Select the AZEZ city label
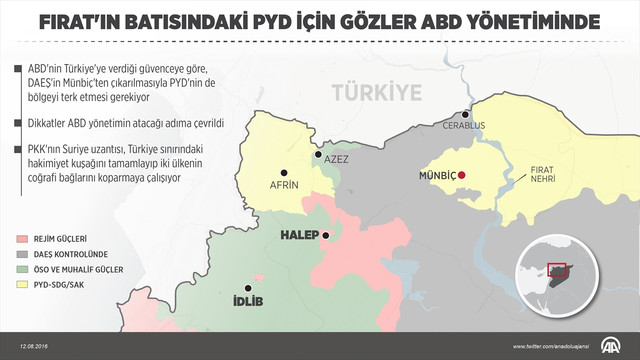(x=337, y=161)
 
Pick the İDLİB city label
(x=246, y=301)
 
